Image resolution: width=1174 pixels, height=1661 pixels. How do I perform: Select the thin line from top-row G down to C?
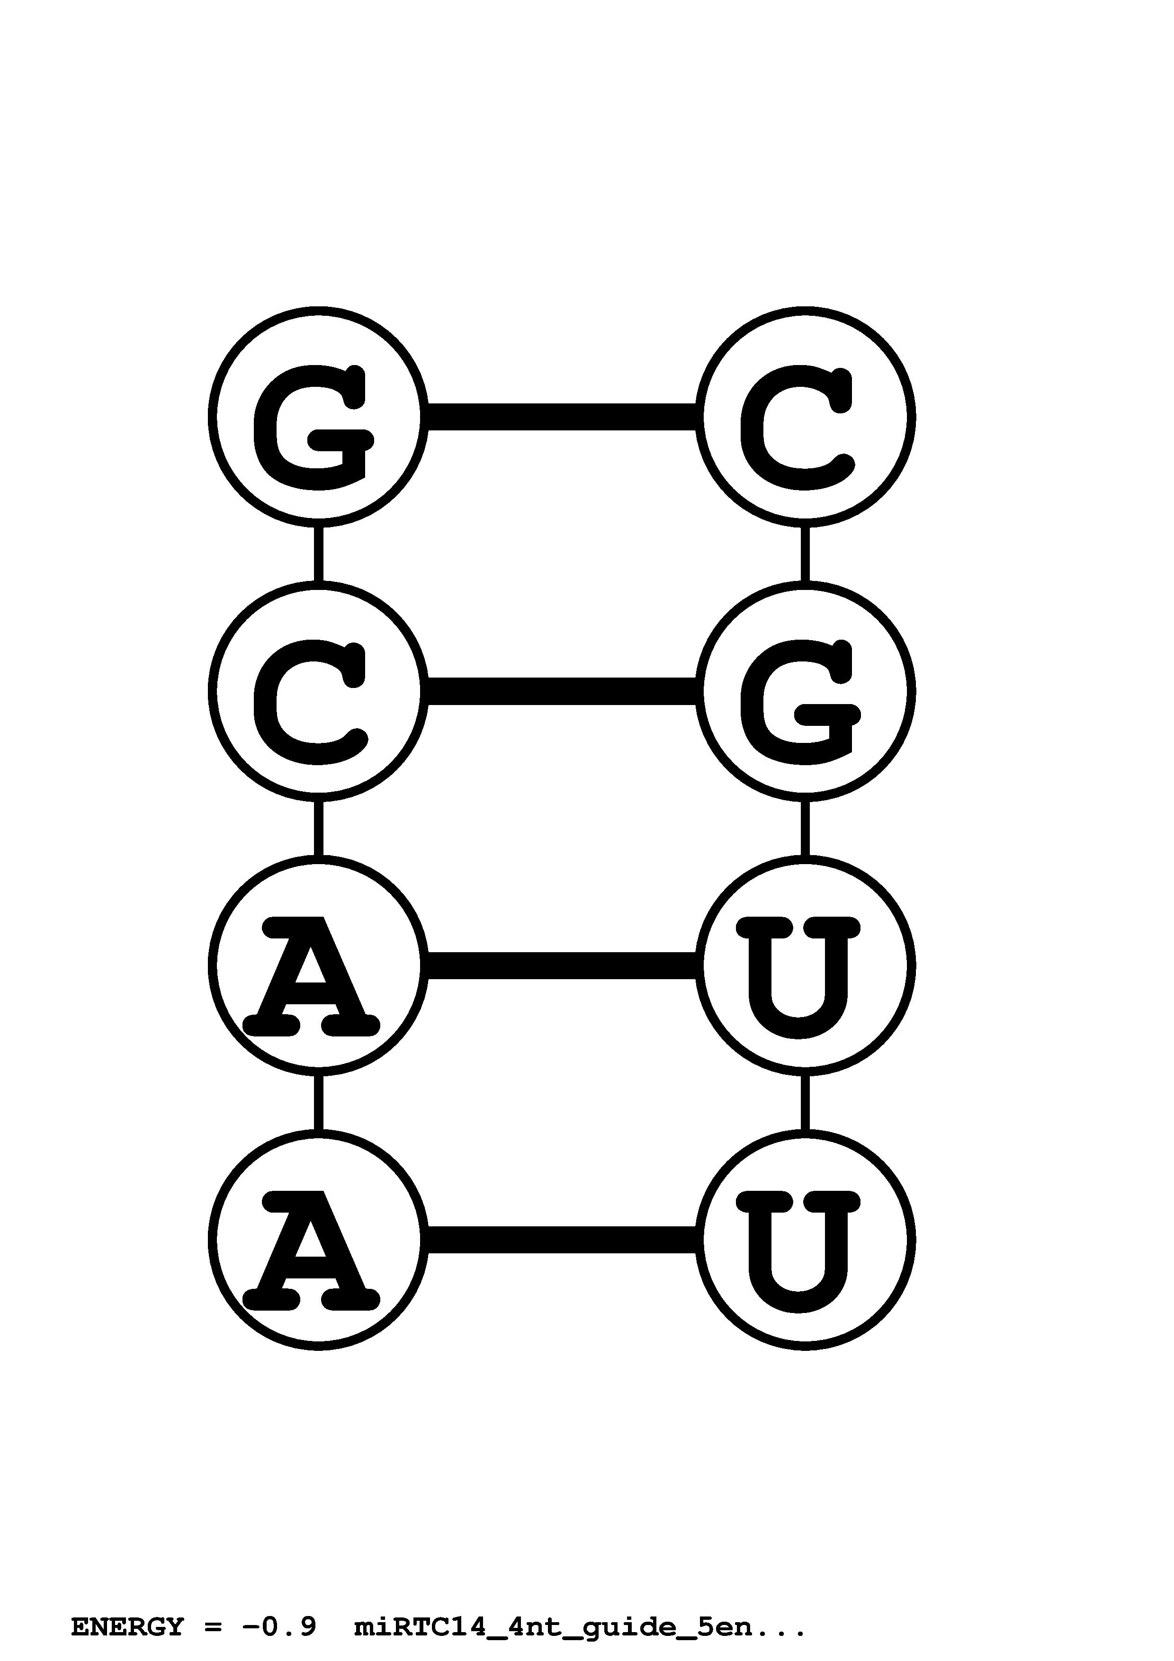tap(318, 554)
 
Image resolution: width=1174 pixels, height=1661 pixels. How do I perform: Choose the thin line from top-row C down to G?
tap(805, 554)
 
